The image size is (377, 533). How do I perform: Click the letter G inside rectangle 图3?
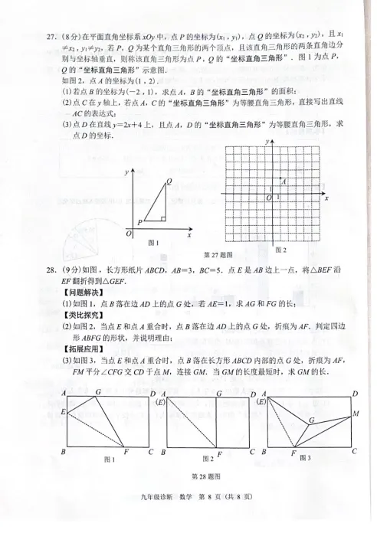(311, 420)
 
